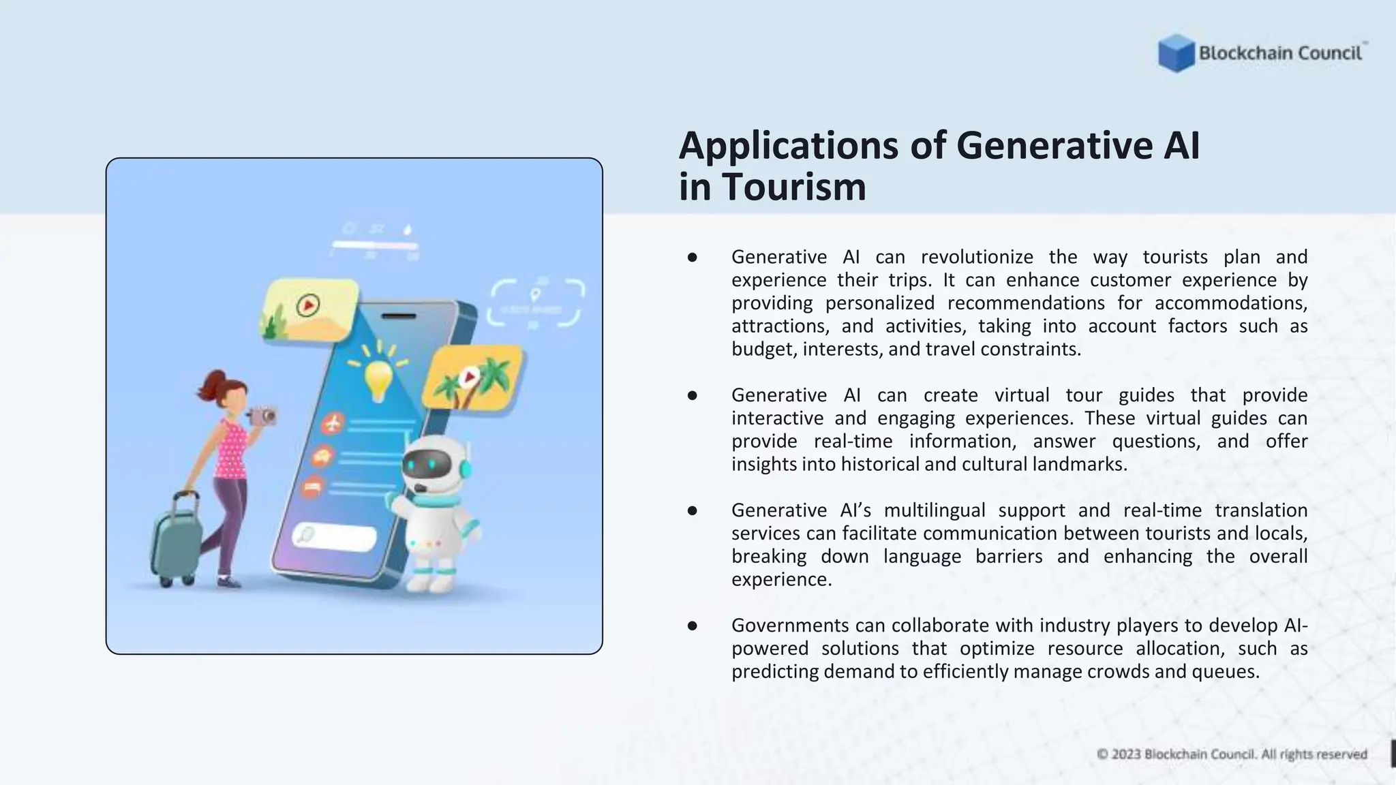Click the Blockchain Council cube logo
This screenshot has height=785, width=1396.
tap(1176, 52)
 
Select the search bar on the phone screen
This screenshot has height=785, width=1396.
tap(335, 536)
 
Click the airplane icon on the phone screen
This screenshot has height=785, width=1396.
tap(333, 424)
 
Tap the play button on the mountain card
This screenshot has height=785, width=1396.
tap(308, 305)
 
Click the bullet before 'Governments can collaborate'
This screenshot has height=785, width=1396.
tap(693, 626)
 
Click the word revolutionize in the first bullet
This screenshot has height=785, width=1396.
tap(976, 257)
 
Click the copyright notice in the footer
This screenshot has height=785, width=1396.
tap(1232, 754)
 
